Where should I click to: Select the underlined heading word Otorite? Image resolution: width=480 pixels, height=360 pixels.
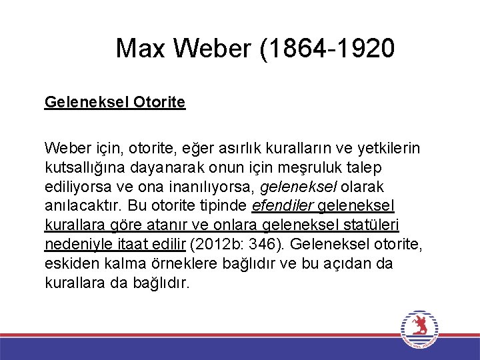tap(159, 102)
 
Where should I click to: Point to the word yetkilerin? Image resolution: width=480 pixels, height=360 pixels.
tap(389, 147)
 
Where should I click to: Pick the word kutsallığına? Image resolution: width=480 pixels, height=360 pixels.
tap(86, 167)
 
